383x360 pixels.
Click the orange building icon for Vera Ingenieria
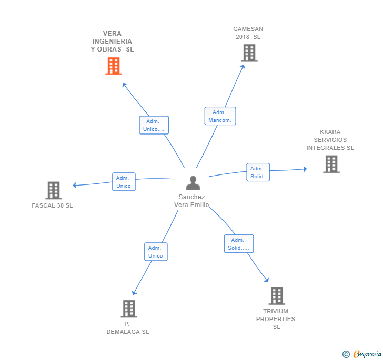(x=113, y=66)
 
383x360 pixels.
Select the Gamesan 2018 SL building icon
(x=249, y=53)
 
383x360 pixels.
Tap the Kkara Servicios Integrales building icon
(x=331, y=164)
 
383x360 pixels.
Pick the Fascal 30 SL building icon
(x=53, y=190)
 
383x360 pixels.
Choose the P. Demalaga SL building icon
(x=128, y=308)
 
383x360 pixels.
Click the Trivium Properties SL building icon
(x=277, y=296)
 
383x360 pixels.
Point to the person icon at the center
(x=193, y=183)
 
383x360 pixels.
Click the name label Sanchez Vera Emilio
(x=191, y=201)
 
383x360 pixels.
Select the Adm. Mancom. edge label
(x=220, y=116)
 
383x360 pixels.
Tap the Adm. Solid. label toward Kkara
(x=258, y=172)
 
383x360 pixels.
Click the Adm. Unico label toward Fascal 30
(x=124, y=182)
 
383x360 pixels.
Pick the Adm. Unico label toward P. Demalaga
(x=156, y=252)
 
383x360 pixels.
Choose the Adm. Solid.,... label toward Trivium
(x=239, y=244)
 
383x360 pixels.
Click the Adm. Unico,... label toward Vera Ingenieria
(x=154, y=125)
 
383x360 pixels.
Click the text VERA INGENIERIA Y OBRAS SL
(x=112, y=41)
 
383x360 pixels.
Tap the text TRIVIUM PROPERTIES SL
(x=276, y=319)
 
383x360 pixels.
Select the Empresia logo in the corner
(x=367, y=354)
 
